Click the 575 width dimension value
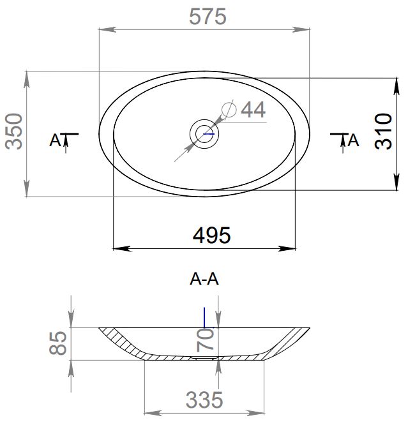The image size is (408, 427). click(x=208, y=17)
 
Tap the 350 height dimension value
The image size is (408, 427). click(x=14, y=131)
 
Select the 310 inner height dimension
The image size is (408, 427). click(x=383, y=131)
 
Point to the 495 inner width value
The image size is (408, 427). click(x=211, y=236)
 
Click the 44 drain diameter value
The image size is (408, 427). click(x=253, y=110)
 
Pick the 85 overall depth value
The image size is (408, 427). click(x=58, y=343)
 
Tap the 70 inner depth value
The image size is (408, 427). click(x=206, y=340)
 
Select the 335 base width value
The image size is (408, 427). click(x=204, y=400)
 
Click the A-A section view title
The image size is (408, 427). click(x=204, y=279)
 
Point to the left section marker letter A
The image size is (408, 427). click(x=56, y=140)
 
